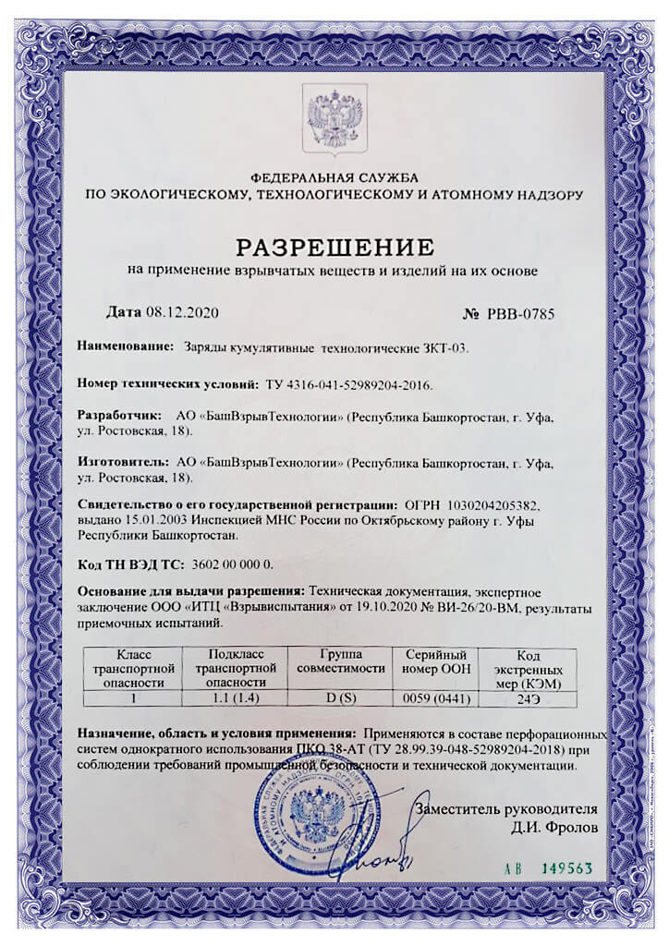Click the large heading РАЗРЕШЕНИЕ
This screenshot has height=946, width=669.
(334, 247)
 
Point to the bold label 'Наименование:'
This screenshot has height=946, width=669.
(126, 347)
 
